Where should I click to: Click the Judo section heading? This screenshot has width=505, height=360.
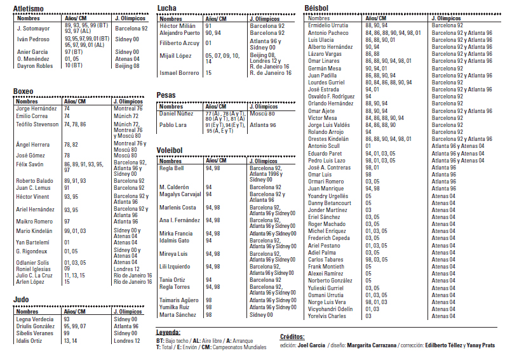pos(22,299)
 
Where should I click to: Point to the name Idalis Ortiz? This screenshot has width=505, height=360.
pos(29,341)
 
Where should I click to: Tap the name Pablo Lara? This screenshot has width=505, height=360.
pos(173,125)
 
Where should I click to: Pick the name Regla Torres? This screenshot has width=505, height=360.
pos(175,287)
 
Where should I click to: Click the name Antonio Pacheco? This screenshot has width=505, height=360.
pos(328,32)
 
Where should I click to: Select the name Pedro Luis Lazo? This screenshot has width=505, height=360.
pos(327,160)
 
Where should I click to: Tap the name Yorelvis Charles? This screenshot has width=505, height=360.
pos(327,316)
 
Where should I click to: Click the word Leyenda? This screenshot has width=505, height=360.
pos(168,331)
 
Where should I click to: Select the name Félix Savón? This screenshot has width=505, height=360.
pos(30,164)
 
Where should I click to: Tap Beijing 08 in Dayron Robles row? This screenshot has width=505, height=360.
pos(127,65)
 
